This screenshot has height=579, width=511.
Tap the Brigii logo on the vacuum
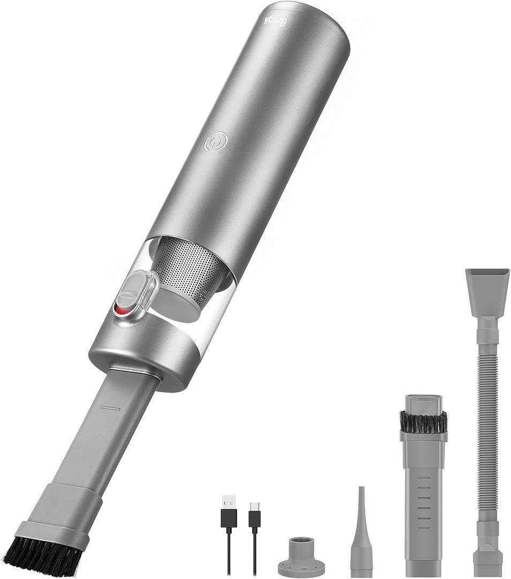point(276,21)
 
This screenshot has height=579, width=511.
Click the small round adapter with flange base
point(301,558)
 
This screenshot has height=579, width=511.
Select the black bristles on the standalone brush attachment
point(423,422)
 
